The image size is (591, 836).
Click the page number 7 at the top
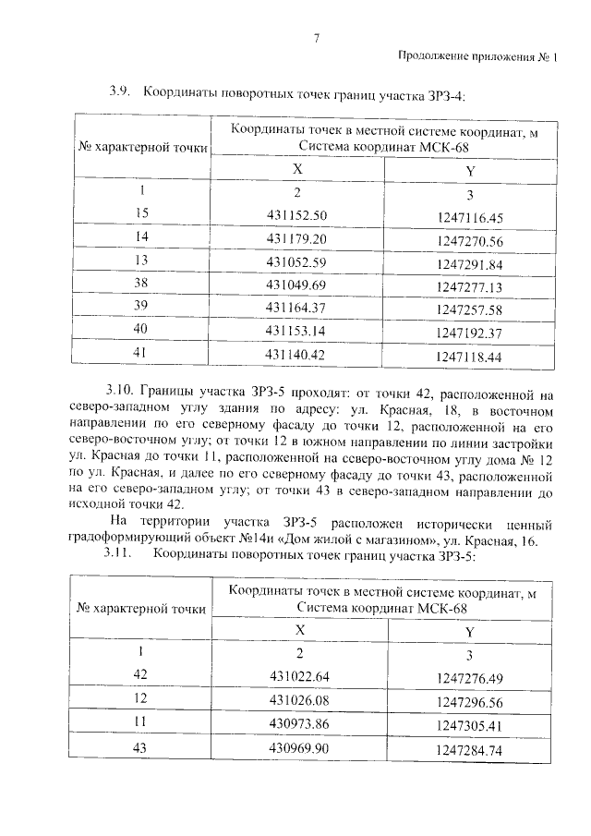point(316,38)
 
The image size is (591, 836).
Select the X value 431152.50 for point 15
point(297,215)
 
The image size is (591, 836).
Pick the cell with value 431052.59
point(297,260)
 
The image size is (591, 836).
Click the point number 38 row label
point(141,283)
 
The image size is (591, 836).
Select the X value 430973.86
point(297,722)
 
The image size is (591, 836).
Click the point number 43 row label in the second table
point(141,745)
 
